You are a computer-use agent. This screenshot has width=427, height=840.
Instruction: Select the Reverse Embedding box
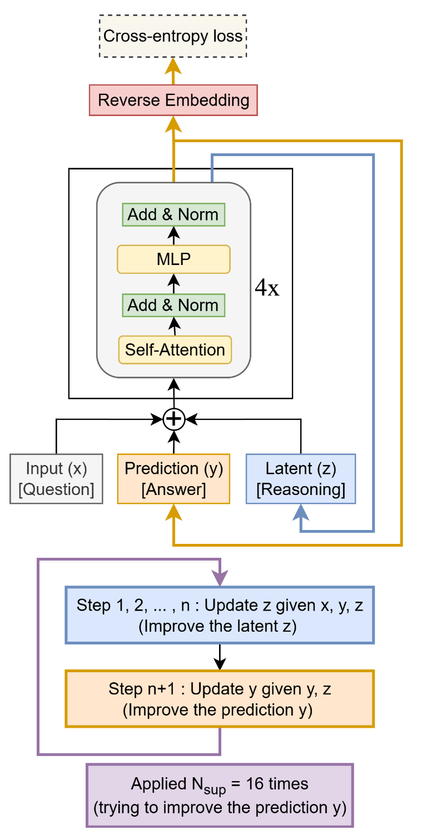point(173,101)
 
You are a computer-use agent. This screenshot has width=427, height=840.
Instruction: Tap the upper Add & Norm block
point(173,214)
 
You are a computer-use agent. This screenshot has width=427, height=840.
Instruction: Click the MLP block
point(173,259)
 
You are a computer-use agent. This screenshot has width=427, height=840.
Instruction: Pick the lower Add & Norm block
point(173,305)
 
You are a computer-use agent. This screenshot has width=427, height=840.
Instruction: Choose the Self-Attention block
point(175,350)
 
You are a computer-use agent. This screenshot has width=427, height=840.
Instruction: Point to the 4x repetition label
point(267,288)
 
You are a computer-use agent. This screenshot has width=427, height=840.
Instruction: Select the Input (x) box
point(56,479)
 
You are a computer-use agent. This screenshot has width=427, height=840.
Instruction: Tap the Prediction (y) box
point(173,479)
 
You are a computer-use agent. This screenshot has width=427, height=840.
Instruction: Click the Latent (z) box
point(301,479)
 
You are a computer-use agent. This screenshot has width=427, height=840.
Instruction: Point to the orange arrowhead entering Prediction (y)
point(173,511)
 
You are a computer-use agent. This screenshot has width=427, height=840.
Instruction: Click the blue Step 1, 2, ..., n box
point(220,615)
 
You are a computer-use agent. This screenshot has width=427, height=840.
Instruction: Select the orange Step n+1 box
point(220,698)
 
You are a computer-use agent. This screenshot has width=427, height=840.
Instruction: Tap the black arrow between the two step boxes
point(220,657)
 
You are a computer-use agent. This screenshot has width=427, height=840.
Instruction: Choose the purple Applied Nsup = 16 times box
point(220,796)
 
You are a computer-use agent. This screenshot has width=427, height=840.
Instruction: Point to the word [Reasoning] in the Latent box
point(301,490)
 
